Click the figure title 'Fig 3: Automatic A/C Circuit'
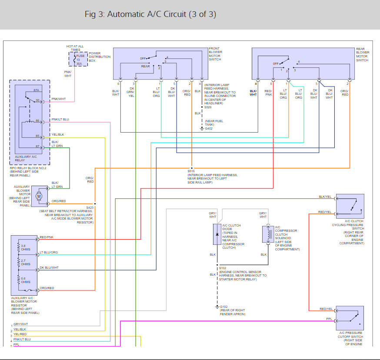tap(150, 14)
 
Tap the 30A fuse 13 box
tap(79, 59)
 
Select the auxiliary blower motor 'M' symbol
tap(38, 196)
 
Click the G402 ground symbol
tap(202, 129)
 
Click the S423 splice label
tap(90, 207)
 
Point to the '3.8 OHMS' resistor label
tap(26, 248)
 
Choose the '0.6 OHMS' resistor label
tap(26, 280)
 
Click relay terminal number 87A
tap(36, 90)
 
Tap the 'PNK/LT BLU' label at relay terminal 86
tap(60, 119)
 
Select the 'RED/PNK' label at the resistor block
tap(46, 237)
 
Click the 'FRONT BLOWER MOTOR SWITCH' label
tap(215, 54)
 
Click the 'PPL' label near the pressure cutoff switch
tap(329, 319)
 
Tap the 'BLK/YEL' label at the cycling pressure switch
tap(325, 197)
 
